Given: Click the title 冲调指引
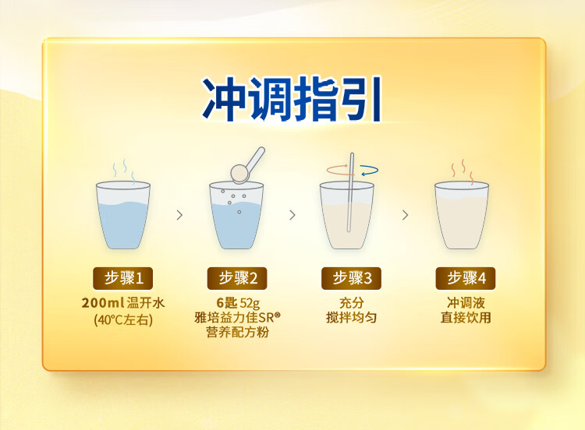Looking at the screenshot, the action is point(292,99).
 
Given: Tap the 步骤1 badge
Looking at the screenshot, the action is point(122,278).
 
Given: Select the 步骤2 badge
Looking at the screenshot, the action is point(237,278).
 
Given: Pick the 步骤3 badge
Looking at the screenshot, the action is point(351,278).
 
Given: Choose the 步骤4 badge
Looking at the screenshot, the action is point(466,278).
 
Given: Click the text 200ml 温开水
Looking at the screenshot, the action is point(122,302).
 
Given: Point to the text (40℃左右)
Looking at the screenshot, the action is point(122,319).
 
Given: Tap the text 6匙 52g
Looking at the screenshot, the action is point(238,303).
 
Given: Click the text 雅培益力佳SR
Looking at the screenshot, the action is point(237,318).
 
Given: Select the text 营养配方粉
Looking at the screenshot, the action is point(237,332).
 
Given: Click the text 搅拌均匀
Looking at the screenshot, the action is point(351,318).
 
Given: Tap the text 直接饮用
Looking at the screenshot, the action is point(466,318).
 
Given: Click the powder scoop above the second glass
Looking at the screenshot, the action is point(247,165).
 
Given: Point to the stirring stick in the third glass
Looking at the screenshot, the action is point(350,192).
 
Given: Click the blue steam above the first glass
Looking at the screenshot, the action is point(124,171).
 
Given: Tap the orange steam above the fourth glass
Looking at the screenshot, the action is point(463,172).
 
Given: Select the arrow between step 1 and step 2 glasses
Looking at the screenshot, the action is point(179,215).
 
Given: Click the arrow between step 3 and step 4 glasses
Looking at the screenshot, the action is point(405,215).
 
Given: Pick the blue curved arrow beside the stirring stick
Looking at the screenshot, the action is point(370,171).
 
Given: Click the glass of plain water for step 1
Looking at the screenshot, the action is point(123,215).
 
